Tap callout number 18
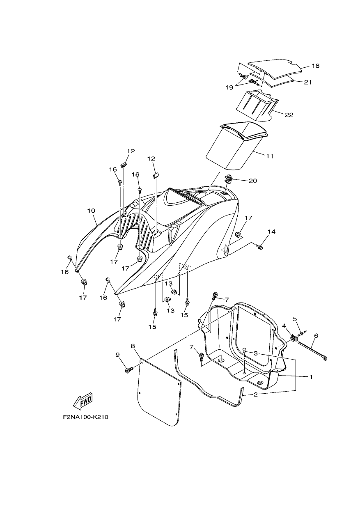point(315,66)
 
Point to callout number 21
point(308,82)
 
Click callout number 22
point(289,115)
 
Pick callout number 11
point(270,156)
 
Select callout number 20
point(253,181)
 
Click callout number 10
point(91,211)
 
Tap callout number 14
point(271,232)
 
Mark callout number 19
point(229,87)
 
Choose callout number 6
point(316,335)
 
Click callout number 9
point(117,355)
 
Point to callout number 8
point(133,346)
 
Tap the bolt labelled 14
point(259,246)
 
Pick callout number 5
point(295,319)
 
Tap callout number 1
point(311,377)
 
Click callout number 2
point(256,394)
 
